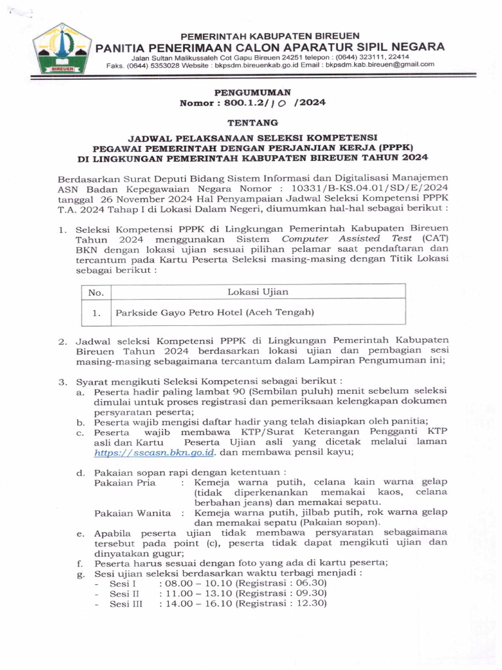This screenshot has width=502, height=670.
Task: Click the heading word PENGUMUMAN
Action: coord(252,93)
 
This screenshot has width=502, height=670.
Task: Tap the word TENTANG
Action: coord(252,122)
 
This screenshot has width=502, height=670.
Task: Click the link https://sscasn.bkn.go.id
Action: coord(154,452)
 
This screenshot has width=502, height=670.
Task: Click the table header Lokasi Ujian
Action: coord(258,292)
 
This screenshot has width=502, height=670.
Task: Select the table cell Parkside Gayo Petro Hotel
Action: coord(215,313)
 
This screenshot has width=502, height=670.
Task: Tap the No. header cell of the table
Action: coord(96,292)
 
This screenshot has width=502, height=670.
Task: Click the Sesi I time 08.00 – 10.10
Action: coord(196,582)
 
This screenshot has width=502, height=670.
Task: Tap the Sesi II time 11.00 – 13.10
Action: coord(196,593)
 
